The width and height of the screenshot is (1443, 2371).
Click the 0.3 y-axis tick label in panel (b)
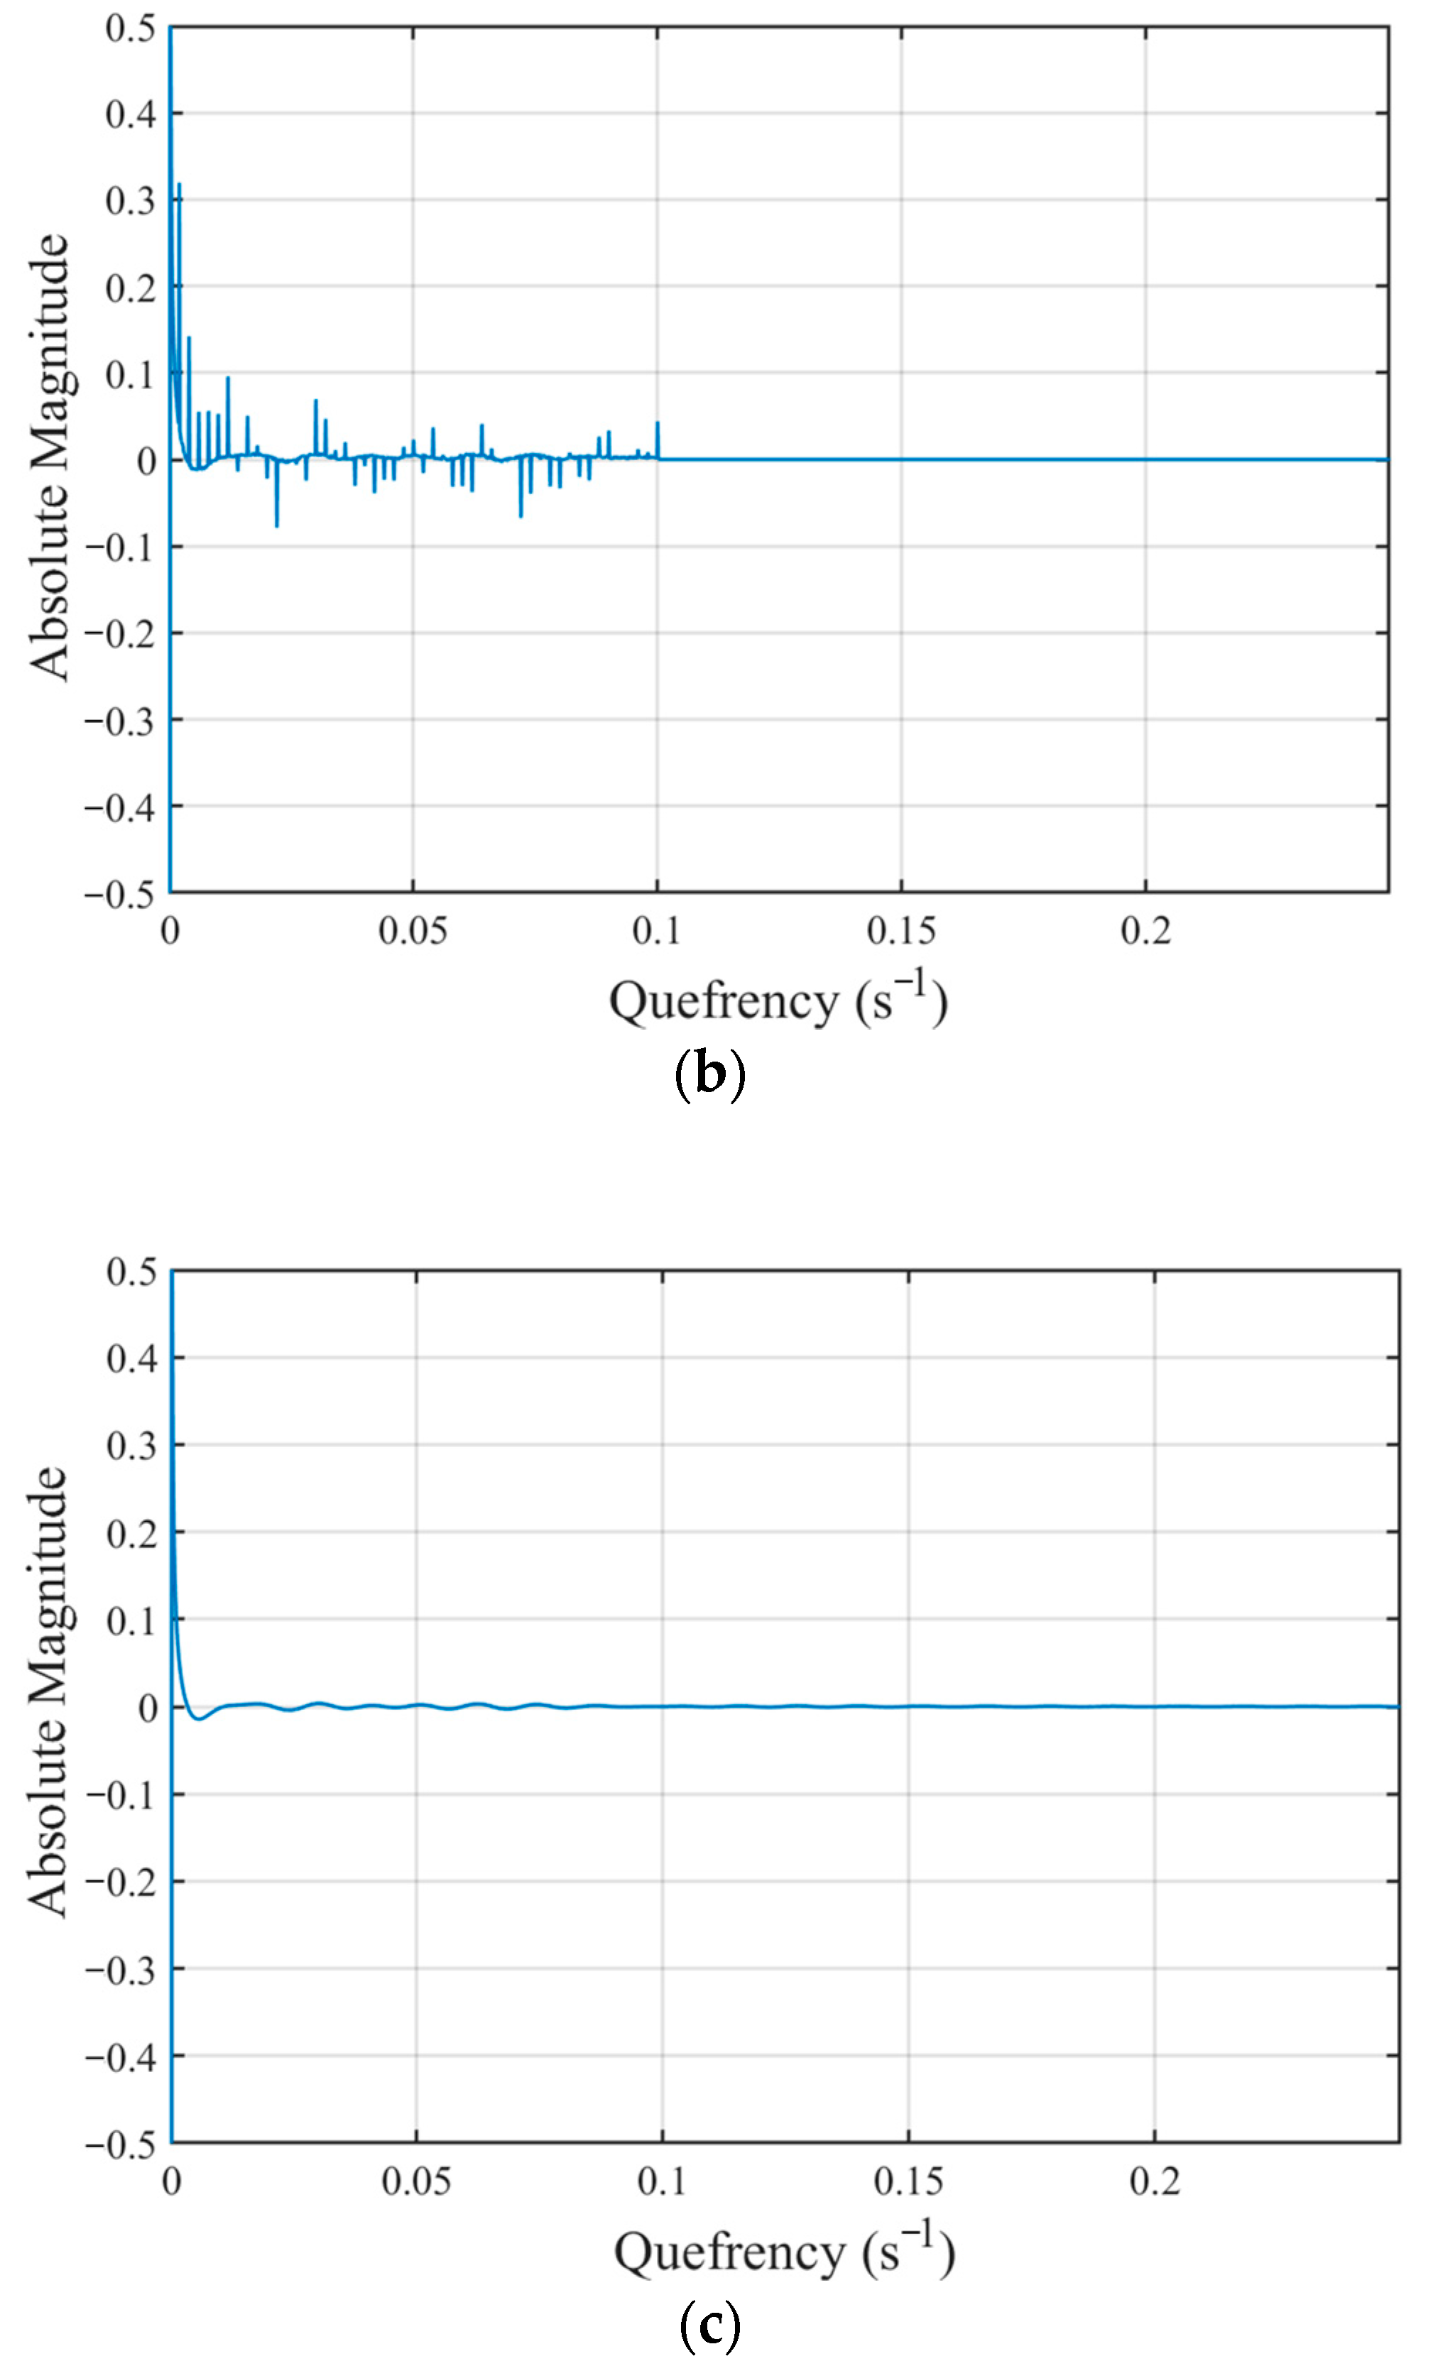[130, 200]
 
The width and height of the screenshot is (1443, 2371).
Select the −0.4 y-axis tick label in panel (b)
[119, 807]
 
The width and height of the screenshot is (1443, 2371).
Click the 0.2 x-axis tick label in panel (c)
[1155, 2181]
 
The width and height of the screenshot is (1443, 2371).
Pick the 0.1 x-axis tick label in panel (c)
[662, 2181]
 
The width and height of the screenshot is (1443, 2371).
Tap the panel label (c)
[710, 2325]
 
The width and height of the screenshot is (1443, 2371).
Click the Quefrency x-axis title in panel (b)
[778, 1001]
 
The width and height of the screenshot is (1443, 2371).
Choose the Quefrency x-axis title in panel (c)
[784, 2252]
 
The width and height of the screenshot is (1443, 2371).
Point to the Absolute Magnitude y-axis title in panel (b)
[48, 458]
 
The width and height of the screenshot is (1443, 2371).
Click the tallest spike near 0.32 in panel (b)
[179, 187]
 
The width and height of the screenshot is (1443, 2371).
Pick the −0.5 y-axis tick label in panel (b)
[119, 893]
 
